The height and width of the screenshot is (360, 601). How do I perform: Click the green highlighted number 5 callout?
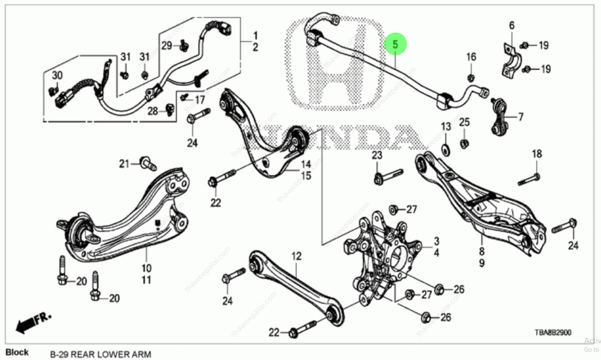(x=395, y=44)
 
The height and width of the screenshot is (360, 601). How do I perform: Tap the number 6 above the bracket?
(x=512, y=25)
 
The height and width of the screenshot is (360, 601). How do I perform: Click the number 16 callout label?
(x=471, y=57)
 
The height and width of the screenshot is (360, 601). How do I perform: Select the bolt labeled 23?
(x=388, y=177)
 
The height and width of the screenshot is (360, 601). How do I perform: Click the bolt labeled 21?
(x=148, y=163)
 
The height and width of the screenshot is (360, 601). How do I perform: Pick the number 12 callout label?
(x=297, y=256)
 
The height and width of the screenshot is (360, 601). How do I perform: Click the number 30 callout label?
(x=57, y=75)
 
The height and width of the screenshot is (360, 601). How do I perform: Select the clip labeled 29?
(x=184, y=45)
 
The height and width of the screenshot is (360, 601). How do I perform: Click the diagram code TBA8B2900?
(x=553, y=332)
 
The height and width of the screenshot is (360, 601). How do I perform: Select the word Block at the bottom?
(x=17, y=352)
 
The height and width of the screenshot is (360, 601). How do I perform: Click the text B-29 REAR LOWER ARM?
(x=100, y=354)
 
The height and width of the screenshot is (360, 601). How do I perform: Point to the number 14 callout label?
(x=306, y=164)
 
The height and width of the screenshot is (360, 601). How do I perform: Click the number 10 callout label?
(x=146, y=268)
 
